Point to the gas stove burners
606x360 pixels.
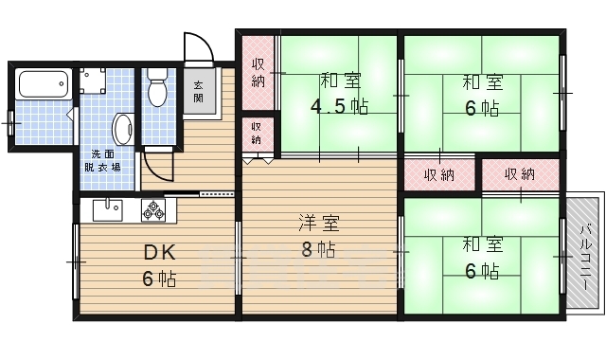(153, 209)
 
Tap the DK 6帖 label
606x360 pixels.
(160, 266)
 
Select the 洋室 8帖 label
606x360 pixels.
(318, 237)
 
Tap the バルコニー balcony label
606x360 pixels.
(585, 256)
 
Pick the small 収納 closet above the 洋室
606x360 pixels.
(258, 134)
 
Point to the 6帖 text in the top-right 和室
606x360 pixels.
(482, 107)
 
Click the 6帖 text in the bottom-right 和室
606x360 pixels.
(482, 271)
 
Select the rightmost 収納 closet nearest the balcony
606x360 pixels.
(519, 174)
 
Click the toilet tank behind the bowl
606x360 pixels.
(158, 75)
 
